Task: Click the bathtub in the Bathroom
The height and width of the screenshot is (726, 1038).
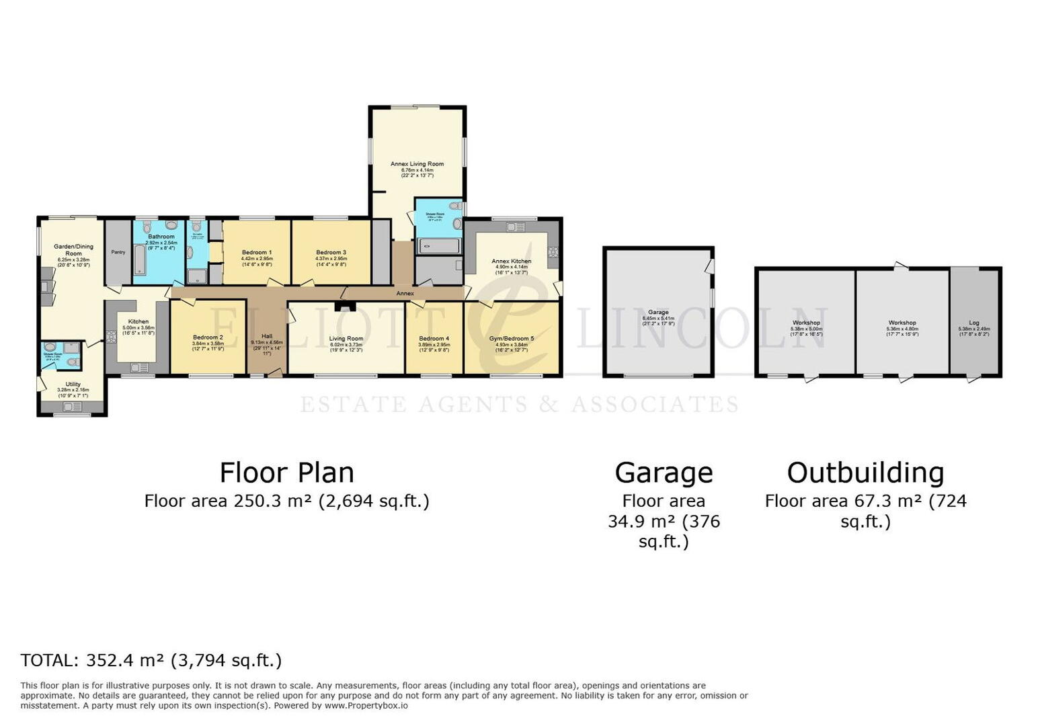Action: pyautogui.click(x=140, y=260)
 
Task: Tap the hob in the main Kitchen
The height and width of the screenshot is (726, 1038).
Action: pyautogui.click(x=111, y=336)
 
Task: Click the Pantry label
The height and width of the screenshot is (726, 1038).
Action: pyautogui.click(x=118, y=252)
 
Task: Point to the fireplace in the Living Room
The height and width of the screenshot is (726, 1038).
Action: pyautogui.click(x=346, y=307)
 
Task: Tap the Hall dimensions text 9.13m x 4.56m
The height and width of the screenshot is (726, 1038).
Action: pyautogui.click(x=267, y=342)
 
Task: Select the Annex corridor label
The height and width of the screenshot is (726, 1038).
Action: pyautogui.click(x=405, y=294)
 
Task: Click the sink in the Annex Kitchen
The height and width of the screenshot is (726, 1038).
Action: pyautogui.click(x=516, y=227)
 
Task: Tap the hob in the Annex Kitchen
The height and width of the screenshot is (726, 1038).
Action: pyautogui.click(x=553, y=253)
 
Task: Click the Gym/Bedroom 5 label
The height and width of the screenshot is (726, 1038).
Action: pyautogui.click(x=512, y=338)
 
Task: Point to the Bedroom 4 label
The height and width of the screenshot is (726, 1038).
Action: pyautogui.click(x=434, y=338)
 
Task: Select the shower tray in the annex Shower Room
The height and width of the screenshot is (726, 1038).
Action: pyautogui.click(x=438, y=246)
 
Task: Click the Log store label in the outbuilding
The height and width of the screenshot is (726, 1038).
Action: pyautogui.click(x=973, y=323)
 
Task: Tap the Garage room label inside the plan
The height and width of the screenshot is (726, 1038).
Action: pyautogui.click(x=658, y=312)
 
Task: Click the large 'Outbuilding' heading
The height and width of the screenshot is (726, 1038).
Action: pyautogui.click(x=865, y=473)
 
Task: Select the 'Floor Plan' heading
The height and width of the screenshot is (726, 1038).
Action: pyautogui.click(x=286, y=473)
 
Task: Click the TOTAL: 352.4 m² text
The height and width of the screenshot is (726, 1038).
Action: pyautogui.click(x=151, y=660)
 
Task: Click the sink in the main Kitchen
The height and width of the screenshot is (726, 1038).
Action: pyautogui.click(x=140, y=367)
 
